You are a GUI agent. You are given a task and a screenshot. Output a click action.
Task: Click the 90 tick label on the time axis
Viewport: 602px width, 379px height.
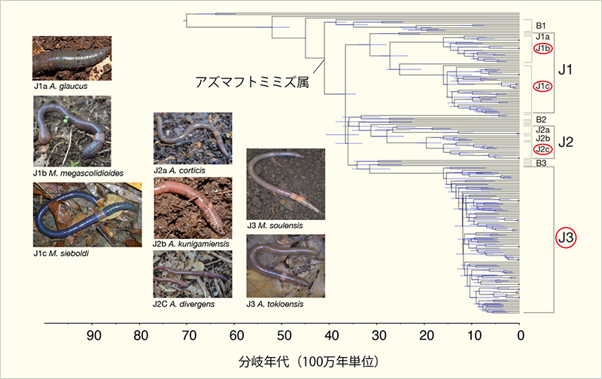93,335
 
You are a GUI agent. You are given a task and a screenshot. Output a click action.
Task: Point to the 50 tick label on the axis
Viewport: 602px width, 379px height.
284,335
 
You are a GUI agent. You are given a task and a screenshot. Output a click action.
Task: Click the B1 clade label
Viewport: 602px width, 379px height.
540,25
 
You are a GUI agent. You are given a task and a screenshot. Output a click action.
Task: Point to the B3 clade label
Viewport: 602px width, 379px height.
540,162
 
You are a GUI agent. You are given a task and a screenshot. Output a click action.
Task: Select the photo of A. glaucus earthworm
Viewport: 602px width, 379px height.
72,58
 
